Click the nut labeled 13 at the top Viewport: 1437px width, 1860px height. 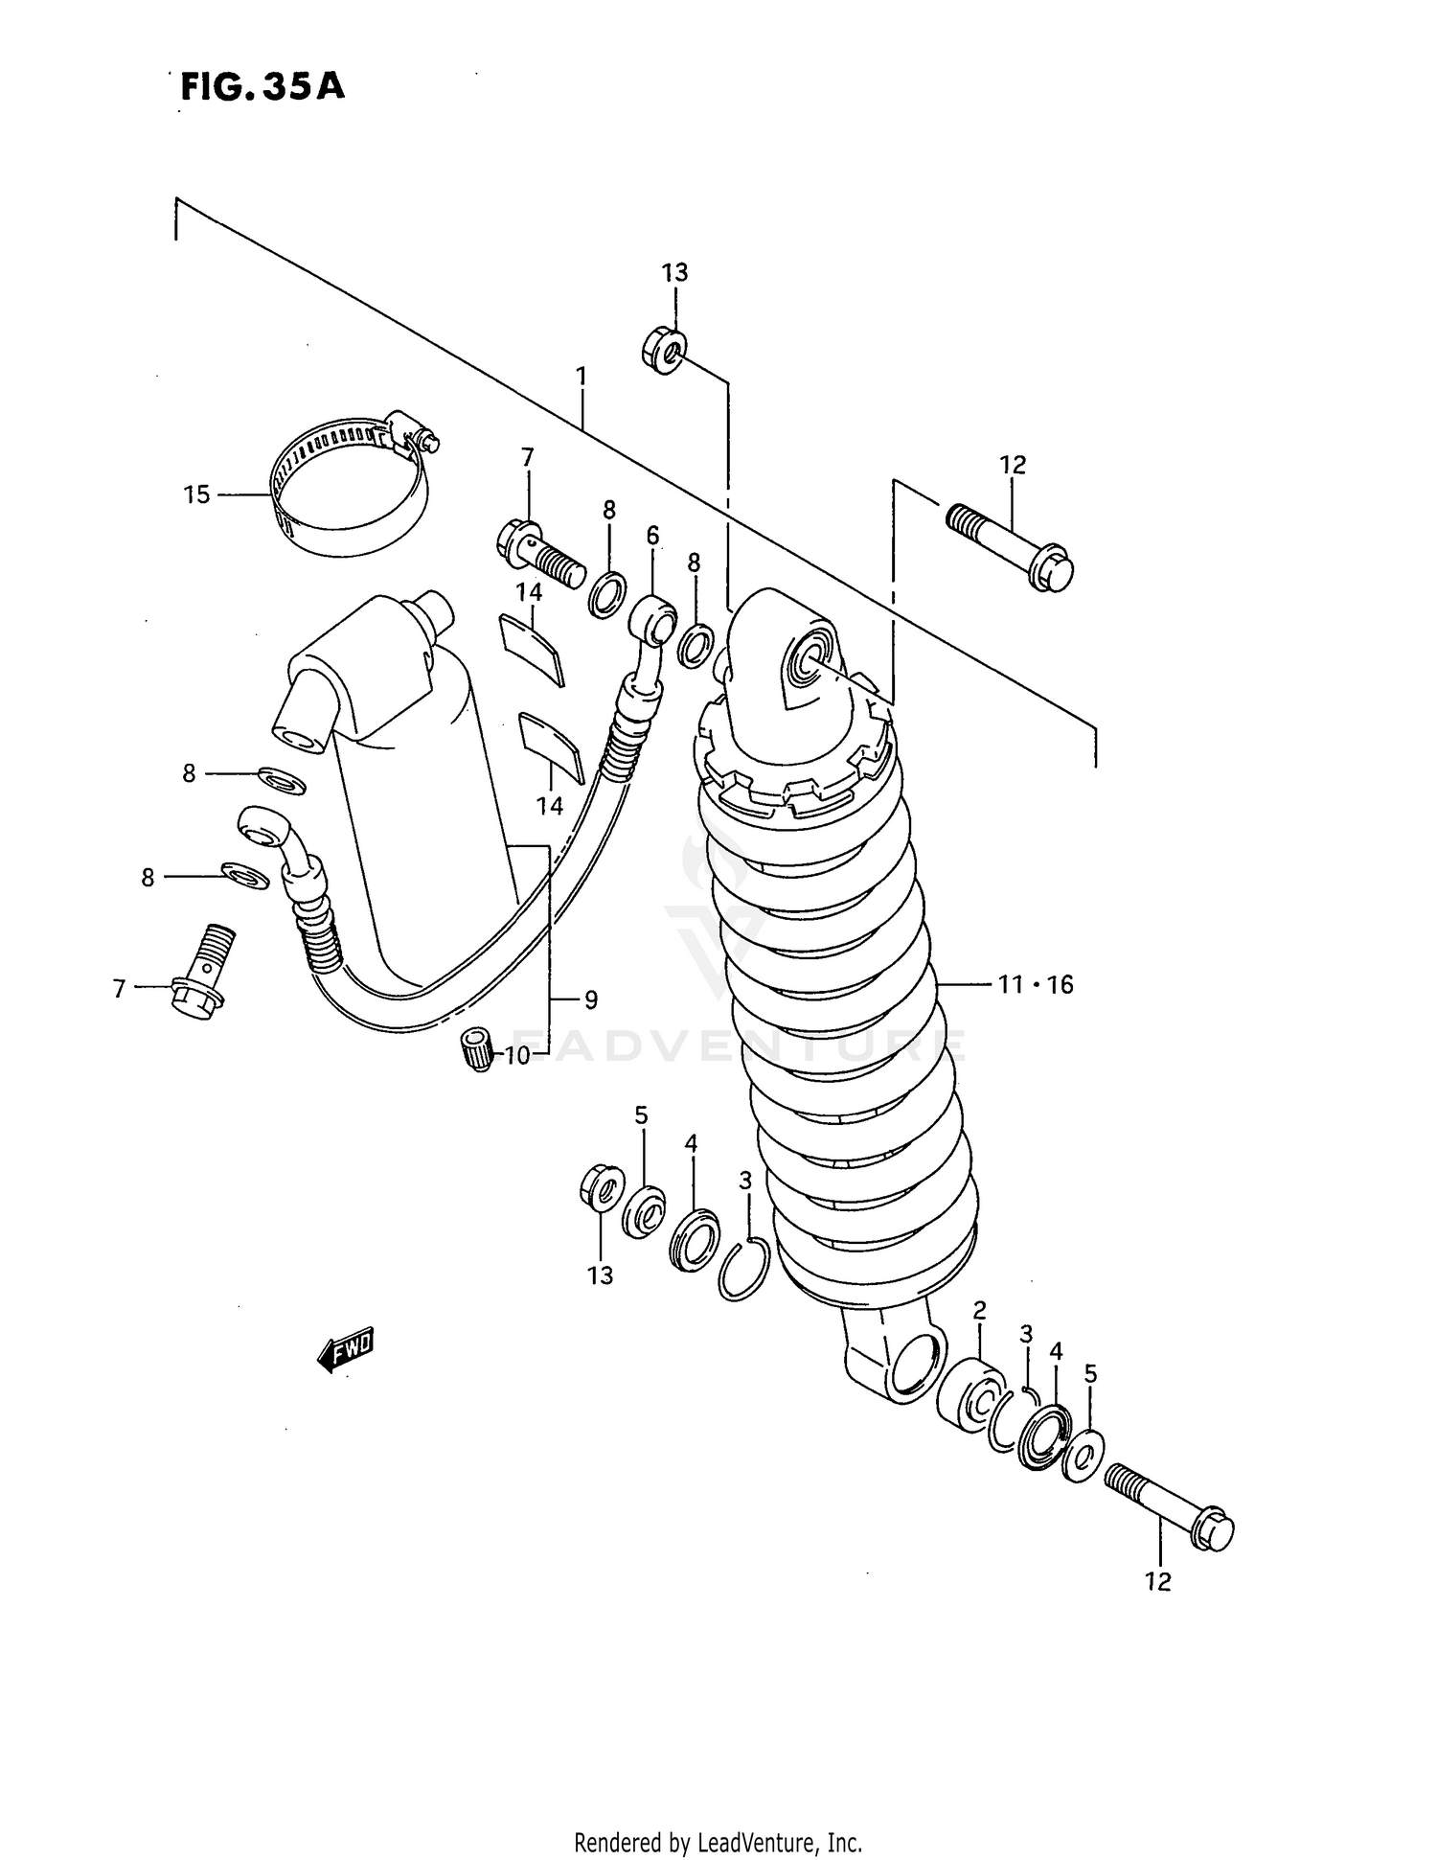click(x=664, y=352)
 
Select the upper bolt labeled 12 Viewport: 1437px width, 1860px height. click(x=1011, y=544)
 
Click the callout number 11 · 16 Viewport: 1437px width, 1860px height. click(x=1036, y=984)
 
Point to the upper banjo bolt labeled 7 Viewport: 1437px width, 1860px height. click(x=541, y=553)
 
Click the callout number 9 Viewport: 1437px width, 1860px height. click(x=590, y=1000)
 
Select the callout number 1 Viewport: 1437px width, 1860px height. click(x=581, y=376)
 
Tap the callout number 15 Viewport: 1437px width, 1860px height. click(x=196, y=495)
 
